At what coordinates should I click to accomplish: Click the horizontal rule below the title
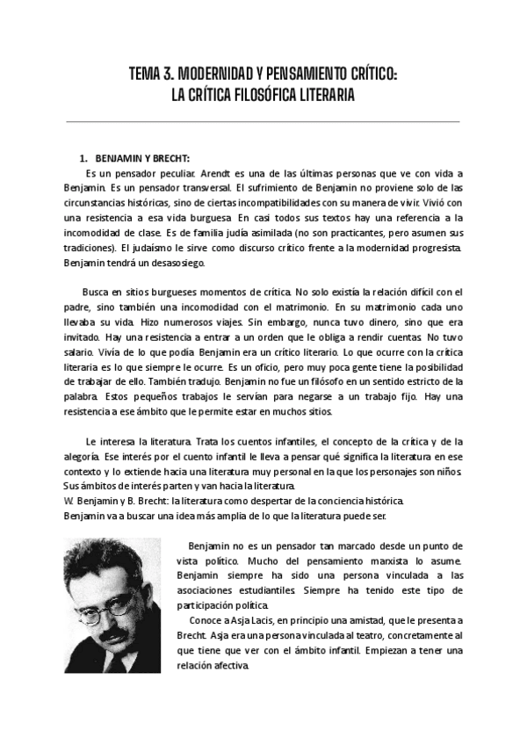click(263, 121)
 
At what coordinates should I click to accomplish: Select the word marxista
click(375, 560)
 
